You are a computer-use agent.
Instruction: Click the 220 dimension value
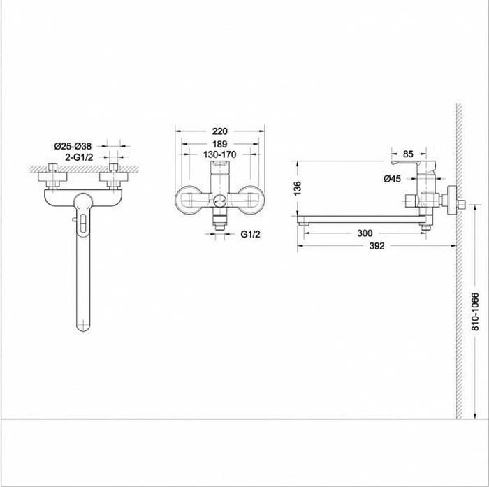click(220, 131)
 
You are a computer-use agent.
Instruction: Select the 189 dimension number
click(220, 144)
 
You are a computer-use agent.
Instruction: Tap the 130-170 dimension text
click(220, 154)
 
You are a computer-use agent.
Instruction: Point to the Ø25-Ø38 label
click(73, 146)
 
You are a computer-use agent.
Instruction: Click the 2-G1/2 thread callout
click(79, 157)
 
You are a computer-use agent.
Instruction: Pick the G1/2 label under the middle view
click(250, 234)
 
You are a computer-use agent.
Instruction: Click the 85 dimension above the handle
click(408, 154)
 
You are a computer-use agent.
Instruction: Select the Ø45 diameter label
click(393, 179)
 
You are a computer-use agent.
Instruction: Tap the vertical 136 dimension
click(298, 188)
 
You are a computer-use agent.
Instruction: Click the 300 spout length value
click(365, 233)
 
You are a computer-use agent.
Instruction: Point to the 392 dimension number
click(377, 246)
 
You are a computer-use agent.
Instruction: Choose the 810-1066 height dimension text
click(474, 312)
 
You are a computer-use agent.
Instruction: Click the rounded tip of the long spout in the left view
click(83, 328)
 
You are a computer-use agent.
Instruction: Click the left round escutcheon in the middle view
click(188, 201)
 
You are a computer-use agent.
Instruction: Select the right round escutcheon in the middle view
click(251, 201)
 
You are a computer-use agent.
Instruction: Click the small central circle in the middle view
click(220, 200)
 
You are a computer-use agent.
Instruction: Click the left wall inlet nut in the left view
click(52, 177)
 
